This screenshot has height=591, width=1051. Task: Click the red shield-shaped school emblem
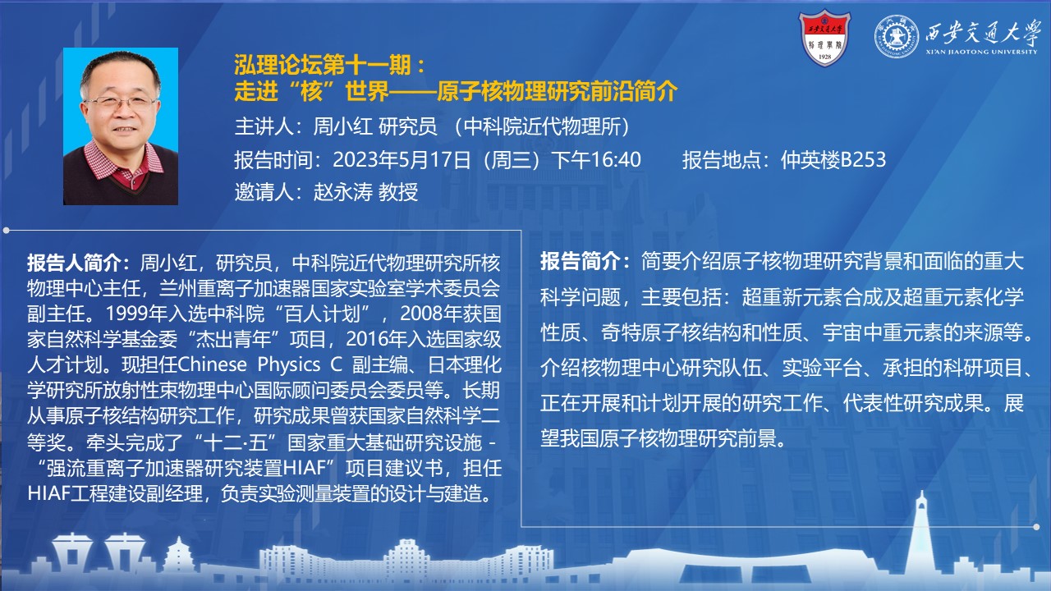pyautogui.click(x=824, y=38)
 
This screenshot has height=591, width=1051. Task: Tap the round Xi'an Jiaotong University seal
pyautogui.click(x=896, y=37)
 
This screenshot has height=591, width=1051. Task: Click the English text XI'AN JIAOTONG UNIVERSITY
pyautogui.click(x=981, y=52)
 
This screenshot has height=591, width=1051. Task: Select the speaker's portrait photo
pyautogui.click(x=121, y=126)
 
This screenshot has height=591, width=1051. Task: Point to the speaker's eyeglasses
pyautogui.click(x=121, y=102)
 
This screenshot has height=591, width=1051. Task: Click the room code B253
pyautogui.click(x=862, y=160)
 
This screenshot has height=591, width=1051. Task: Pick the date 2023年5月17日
pyautogui.click(x=402, y=160)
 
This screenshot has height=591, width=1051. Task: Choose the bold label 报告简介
pyautogui.click(x=580, y=261)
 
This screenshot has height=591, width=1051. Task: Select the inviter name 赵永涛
pyautogui.click(x=343, y=192)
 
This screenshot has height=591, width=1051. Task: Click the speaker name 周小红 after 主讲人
pyautogui.click(x=343, y=126)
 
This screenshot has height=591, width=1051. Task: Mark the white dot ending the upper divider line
pyautogui.click(x=6, y=231)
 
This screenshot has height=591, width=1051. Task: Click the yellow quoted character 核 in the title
pyautogui.click(x=311, y=91)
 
